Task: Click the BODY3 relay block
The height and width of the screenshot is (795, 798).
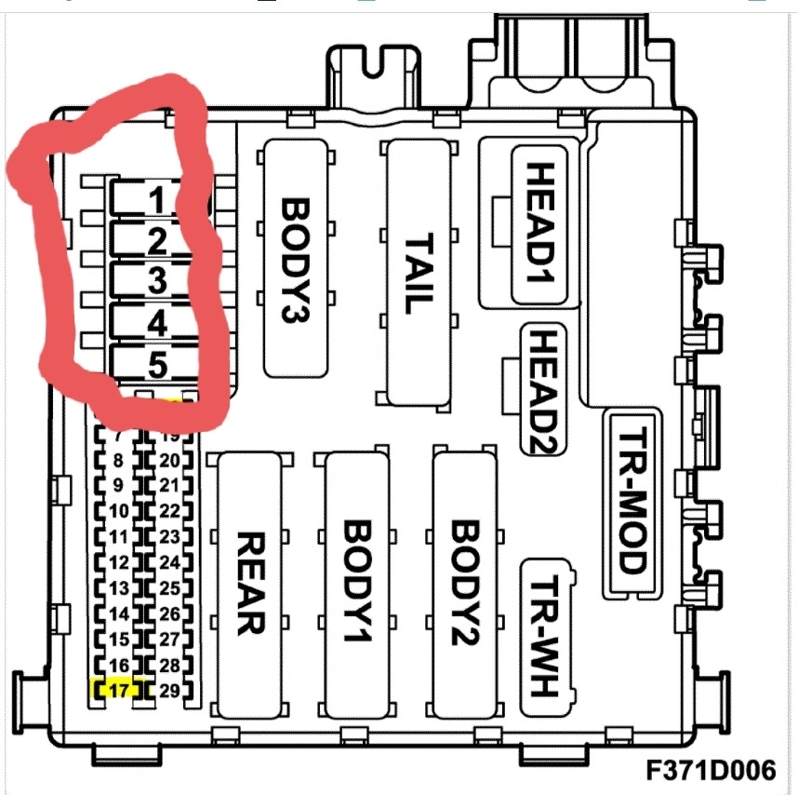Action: (x=296, y=258)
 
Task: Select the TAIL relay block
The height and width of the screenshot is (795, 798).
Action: (x=419, y=273)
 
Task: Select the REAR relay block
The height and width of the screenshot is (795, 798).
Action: (x=248, y=584)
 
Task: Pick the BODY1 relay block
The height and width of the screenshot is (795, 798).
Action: (x=358, y=584)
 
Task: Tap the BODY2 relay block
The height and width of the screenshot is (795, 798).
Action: (x=465, y=584)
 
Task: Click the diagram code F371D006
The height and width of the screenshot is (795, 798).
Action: (x=712, y=771)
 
